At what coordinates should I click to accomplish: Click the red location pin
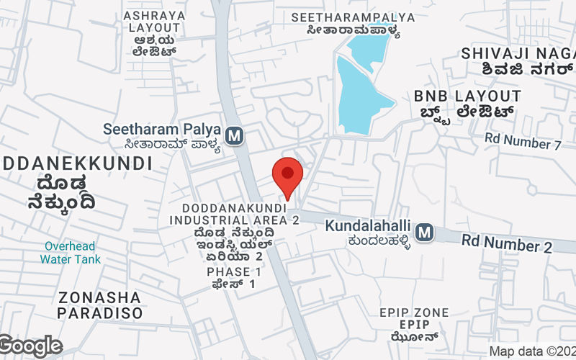point(287,176)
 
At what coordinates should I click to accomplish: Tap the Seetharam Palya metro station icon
point(233,135)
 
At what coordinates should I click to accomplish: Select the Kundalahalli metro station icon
point(425,232)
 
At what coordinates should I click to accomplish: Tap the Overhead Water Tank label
point(70,252)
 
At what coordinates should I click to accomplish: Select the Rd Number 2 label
point(507,243)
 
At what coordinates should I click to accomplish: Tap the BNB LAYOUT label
point(467,96)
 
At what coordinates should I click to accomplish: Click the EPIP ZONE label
point(414,312)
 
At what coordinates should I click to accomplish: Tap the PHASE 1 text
point(233,272)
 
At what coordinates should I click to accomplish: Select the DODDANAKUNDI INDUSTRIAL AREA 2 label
point(235,214)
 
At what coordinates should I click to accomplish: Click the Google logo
point(30,346)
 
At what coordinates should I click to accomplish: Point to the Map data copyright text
point(531,351)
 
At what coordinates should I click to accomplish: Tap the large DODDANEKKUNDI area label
point(76,163)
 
